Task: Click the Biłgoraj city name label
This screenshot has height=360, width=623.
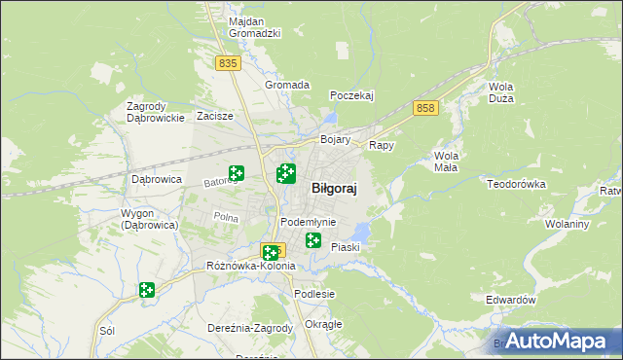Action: click(x=333, y=190)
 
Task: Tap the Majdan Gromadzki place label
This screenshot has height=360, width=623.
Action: click(x=254, y=27)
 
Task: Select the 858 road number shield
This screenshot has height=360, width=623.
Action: click(x=423, y=108)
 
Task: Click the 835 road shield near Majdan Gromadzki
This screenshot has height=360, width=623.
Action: click(x=228, y=62)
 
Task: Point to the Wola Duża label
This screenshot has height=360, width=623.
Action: click(x=500, y=92)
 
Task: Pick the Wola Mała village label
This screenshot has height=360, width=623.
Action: click(x=446, y=162)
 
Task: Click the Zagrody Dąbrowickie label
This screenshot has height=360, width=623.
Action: click(x=156, y=112)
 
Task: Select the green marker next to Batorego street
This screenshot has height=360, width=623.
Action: click(x=236, y=174)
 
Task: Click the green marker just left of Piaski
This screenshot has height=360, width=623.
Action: click(x=313, y=239)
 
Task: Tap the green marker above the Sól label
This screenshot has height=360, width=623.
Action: click(x=146, y=289)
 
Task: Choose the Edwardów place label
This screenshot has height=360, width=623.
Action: click(x=511, y=301)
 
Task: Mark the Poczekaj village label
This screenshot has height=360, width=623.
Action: click(x=352, y=95)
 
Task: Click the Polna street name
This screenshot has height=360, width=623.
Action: click(x=226, y=217)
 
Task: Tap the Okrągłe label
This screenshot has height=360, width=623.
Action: click(x=323, y=324)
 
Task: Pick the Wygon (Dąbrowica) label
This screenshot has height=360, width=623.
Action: click(x=149, y=219)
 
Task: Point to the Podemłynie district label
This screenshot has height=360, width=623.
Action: click(x=308, y=222)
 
